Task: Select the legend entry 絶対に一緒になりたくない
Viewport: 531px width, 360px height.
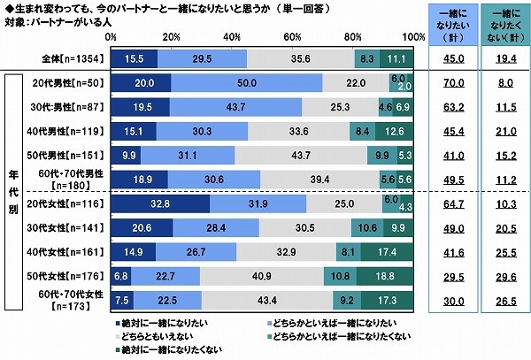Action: coord(167,349)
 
